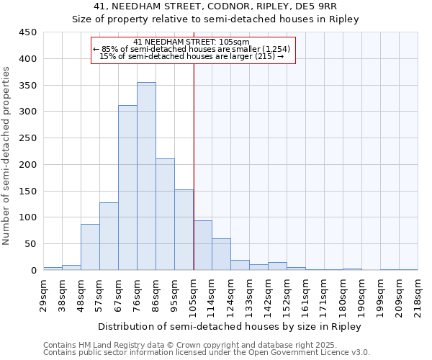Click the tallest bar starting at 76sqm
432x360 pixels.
(x=147, y=176)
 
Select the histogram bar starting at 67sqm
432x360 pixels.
(x=128, y=188)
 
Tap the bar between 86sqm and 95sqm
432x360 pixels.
(x=166, y=215)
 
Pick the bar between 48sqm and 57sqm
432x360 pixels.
(x=91, y=247)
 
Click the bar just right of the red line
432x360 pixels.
(x=203, y=246)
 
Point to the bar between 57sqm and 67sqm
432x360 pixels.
(x=109, y=236)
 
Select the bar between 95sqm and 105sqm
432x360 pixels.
(x=184, y=230)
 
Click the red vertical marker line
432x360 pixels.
(x=194, y=151)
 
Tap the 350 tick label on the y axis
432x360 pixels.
(x=28, y=86)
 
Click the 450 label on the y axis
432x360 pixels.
(x=28, y=32)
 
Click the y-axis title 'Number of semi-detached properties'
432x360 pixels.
(x=6, y=156)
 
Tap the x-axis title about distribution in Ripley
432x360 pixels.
(x=230, y=327)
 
